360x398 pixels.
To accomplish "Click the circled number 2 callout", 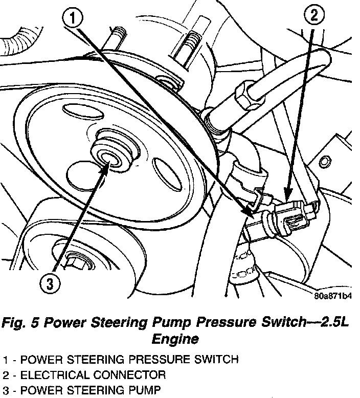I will tap(313, 16).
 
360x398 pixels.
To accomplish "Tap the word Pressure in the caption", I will tap(212, 324).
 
